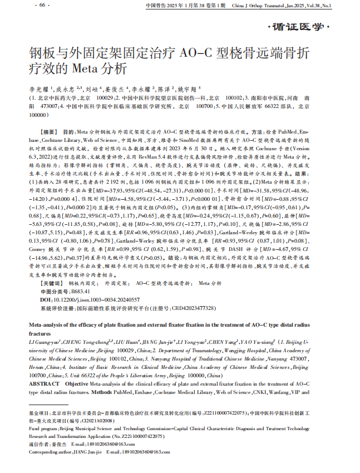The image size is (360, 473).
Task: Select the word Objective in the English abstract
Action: tap(76, 384)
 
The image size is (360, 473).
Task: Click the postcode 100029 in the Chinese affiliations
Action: tap(101, 97)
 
